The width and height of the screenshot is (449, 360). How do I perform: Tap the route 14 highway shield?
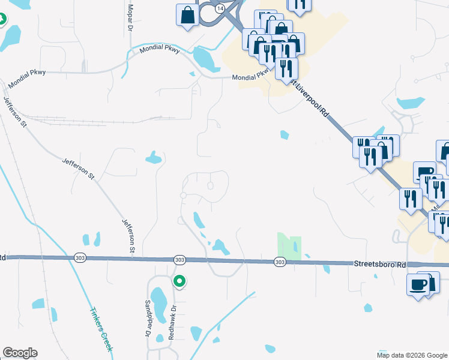point(221,8)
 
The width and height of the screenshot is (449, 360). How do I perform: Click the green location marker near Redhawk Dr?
point(179,281)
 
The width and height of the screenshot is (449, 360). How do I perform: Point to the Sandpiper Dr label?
point(148,318)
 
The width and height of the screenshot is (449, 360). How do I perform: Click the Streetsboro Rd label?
point(380,263)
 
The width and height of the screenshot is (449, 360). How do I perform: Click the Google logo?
point(20,353)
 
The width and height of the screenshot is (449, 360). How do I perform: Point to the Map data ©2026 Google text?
point(412,355)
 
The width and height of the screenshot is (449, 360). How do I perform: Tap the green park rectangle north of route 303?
point(289,247)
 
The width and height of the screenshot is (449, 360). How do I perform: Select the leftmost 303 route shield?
point(80,257)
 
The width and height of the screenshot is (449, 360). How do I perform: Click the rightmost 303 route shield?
point(280,262)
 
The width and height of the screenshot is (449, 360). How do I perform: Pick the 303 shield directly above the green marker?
point(179,259)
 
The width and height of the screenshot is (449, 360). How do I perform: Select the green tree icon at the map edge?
point(2,19)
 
